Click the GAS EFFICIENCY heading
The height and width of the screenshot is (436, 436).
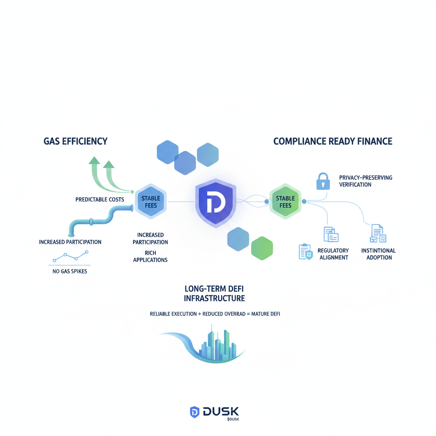pyautogui.click(x=75, y=141)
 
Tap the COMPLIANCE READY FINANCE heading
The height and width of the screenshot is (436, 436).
pyautogui.click(x=333, y=141)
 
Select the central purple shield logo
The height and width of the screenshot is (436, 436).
pyautogui.click(x=215, y=203)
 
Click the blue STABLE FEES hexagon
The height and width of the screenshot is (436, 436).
pyautogui.click(x=151, y=202)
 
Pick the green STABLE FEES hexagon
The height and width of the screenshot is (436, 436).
pyautogui.click(x=285, y=202)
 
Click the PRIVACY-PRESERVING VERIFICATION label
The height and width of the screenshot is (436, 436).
pyautogui.click(x=366, y=181)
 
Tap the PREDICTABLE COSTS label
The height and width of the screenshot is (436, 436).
pyautogui.click(x=100, y=199)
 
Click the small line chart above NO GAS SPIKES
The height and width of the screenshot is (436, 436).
pyautogui.click(x=70, y=256)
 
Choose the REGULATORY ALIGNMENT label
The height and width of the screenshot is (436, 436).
pyautogui.click(x=333, y=254)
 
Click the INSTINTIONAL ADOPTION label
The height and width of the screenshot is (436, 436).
pyautogui.click(x=379, y=254)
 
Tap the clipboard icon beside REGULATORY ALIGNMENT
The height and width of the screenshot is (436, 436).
pyautogui.click(x=306, y=252)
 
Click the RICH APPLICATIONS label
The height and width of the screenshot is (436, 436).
pyautogui.click(x=150, y=255)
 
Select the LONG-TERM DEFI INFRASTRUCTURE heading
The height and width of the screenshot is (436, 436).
pyautogui.click(x=214, y=293)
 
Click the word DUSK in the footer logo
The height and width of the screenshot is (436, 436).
pyautogui.click(x=221, y=412)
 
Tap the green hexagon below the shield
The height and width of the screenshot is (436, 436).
pyautogui.click(x=261, y=249)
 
